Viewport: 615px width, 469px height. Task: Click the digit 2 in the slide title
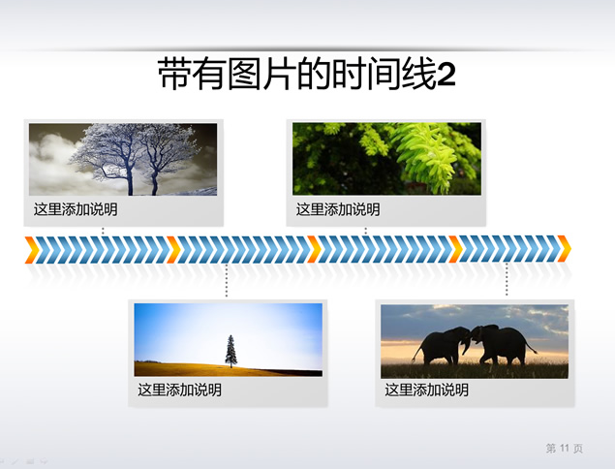point(446,75)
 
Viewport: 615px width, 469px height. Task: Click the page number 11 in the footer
point(565,448)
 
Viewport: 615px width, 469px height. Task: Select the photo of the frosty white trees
point(123,159)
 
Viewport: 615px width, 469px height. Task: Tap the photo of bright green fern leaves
point(386,159)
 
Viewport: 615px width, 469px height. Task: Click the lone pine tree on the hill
point(231,351)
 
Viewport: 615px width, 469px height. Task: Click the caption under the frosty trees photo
point(76,209)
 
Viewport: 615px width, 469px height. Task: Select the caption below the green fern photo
point(338,209)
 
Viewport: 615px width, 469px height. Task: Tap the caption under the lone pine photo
point(179,390)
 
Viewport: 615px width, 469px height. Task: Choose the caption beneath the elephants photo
point(426,390)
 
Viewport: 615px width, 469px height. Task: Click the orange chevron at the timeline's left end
point(32,250)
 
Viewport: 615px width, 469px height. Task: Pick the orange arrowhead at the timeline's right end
point(564,248)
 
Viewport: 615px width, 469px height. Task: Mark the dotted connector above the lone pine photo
point(227,280)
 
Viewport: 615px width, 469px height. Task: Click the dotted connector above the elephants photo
point(507,279)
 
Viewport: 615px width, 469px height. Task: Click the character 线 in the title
point(419,75)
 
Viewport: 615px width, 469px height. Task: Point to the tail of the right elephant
point(531,346)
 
